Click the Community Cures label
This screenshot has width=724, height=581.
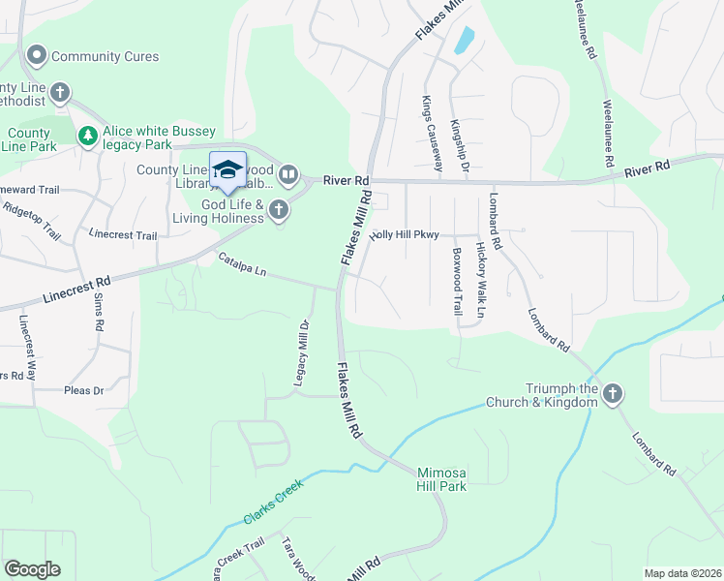pos(105,57)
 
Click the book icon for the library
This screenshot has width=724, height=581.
pos(288,175)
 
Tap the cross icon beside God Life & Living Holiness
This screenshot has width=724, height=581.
pos(279,210)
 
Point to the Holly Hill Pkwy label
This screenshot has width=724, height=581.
pos(405,234)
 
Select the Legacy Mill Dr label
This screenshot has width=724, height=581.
pos(301,356)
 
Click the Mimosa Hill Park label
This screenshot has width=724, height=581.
pos(441,479)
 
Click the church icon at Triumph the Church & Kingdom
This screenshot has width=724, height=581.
pos(612,393)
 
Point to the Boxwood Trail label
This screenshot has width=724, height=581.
pos(457,281)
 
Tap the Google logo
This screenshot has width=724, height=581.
pos(32,568)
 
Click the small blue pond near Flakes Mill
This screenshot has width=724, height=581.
pos(465,40)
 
